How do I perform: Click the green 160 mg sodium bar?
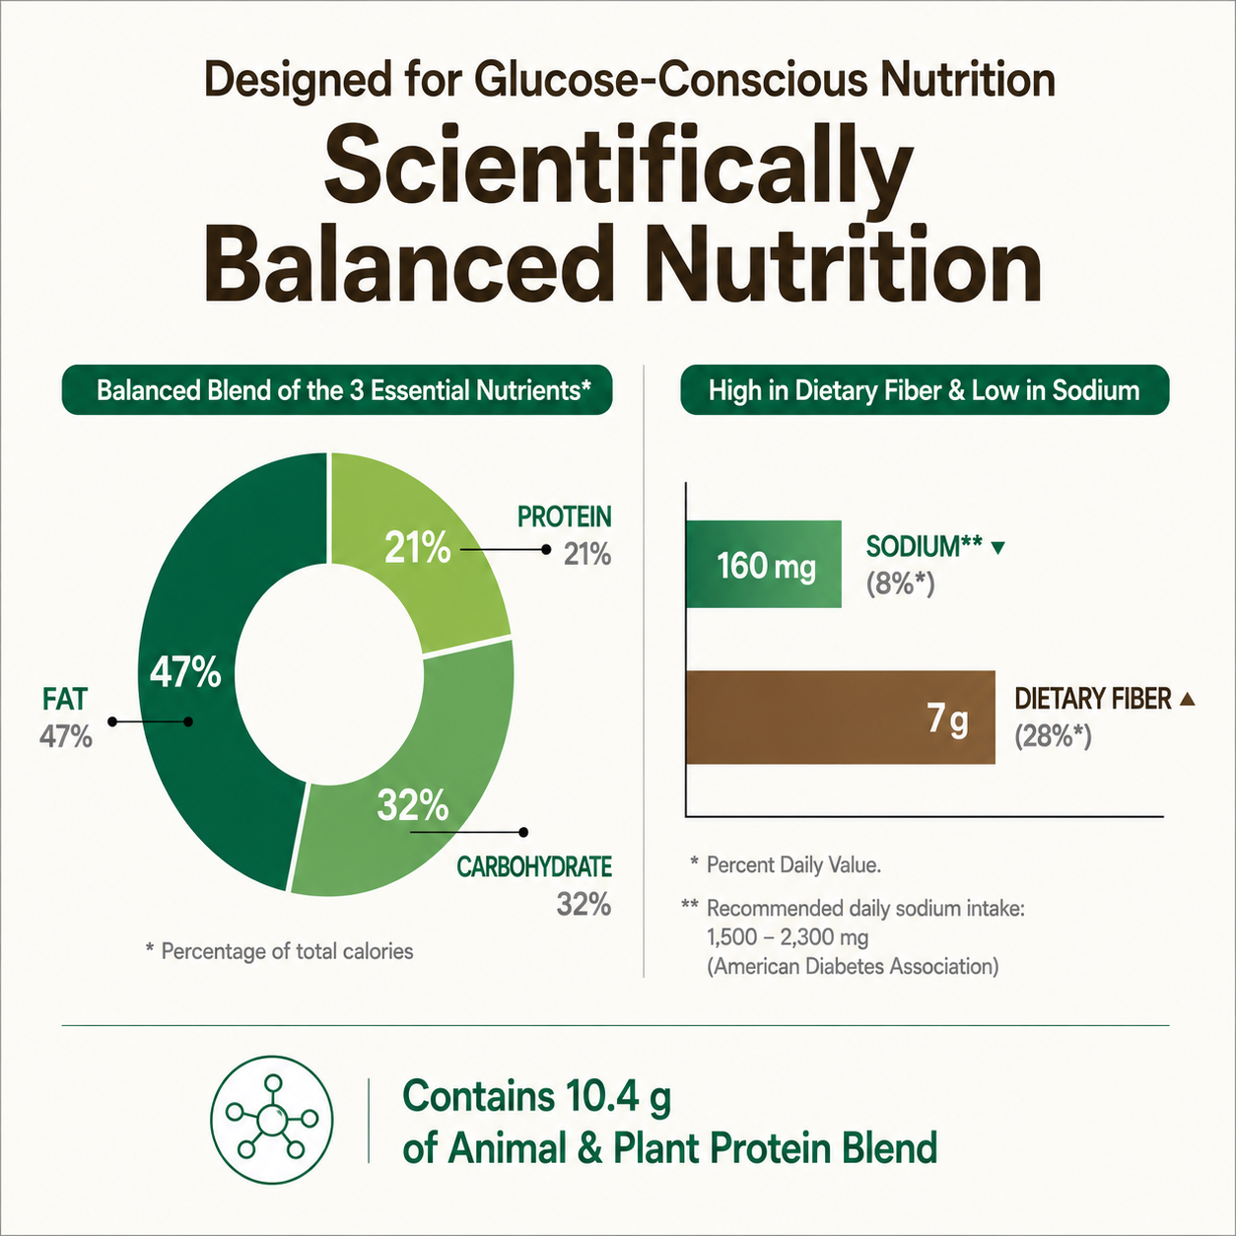[763, 564]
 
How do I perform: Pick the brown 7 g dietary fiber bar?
[840, 718]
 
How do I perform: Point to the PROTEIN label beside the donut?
[565, 517]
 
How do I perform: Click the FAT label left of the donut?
[65, 699]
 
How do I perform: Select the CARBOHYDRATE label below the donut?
[534, 866]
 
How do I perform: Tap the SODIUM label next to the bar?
[924, 546]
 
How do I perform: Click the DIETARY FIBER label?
[1093, 699]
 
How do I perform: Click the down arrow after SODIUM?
[998, 548]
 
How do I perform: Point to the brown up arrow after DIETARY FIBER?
[1188, 699]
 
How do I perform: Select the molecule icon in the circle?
[272, 1120]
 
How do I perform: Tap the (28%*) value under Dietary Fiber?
[1053, 736]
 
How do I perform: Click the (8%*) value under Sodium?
[901, 584]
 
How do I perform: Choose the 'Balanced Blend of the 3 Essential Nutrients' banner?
[337, 390]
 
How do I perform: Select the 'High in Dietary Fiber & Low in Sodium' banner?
[925, 390]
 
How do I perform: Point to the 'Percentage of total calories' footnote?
[280, 951]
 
